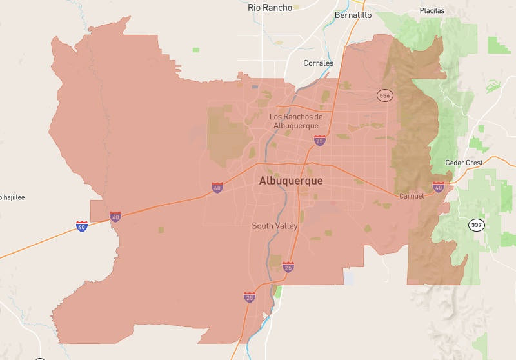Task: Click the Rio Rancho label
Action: click(270, 8)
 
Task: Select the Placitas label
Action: click(432, 11)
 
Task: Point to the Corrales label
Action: click(319, 63)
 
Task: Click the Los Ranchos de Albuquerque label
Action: click(295, 121)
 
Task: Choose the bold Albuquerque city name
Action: click(291, 181)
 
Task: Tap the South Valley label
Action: click(275, 226)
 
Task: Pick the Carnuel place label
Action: click(411, 195)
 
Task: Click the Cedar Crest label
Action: click(464, 163)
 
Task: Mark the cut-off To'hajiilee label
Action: click(12, 197)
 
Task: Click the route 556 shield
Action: click(385, 95)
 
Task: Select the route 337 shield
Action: click(476, 225)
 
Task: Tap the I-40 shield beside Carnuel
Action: click(439, 188)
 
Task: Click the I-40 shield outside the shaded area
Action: click(81, 226)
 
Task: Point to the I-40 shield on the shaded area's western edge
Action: click(115, 217)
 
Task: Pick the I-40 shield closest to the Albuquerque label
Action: click(217, 188)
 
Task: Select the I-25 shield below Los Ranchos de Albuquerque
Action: click(319, 140)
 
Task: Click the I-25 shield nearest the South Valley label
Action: click(288, 266)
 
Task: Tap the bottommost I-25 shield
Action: click(249, 297)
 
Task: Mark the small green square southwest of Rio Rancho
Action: click(195, 50)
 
